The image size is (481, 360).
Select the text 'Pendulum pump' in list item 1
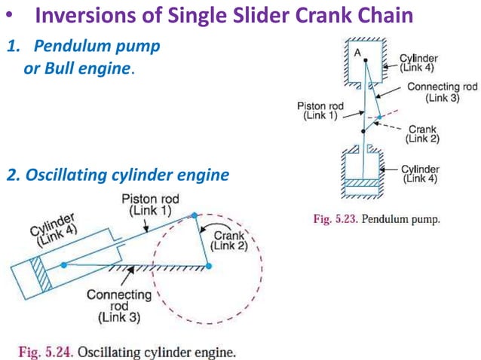tap(93, 47)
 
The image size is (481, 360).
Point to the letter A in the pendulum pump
tap(356, 53)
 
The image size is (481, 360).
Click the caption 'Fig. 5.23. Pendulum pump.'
tap(376, 220)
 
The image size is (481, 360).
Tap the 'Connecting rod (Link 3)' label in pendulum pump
tap(442, 92)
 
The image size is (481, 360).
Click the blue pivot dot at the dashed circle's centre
tap(209, 266)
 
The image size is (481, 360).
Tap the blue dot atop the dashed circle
tap(195, 215)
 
